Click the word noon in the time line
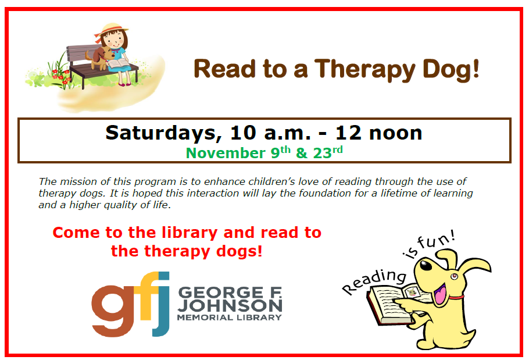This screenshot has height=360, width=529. pyautogui.click(x=396, y=133)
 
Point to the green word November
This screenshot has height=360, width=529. pyautogui.click(x=226, y=153)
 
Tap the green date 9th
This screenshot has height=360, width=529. pyautogui.click(x=281, y=152)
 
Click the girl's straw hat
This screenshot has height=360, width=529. pyautogui.click(x=112, y=30)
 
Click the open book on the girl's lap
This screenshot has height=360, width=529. pyautogui.click(x=118, y=63)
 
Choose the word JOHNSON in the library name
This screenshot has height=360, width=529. pyautogui.click(x=230, y=306)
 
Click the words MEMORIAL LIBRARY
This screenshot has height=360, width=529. pyautogui.click(x=230, y=318)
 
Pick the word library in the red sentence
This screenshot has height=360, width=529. pyautogui.click(x=190, y=233)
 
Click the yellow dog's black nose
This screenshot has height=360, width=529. pyautogui.click(x=426, y=265)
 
